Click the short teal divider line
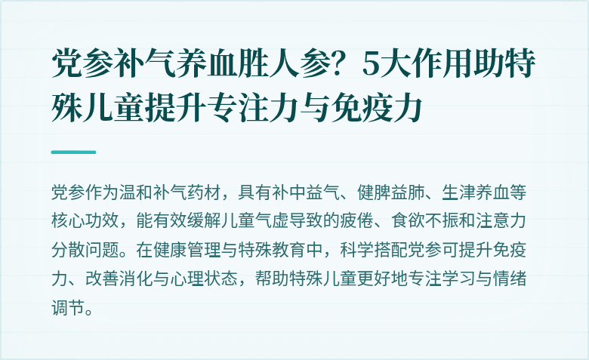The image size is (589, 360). coord(73,152)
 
